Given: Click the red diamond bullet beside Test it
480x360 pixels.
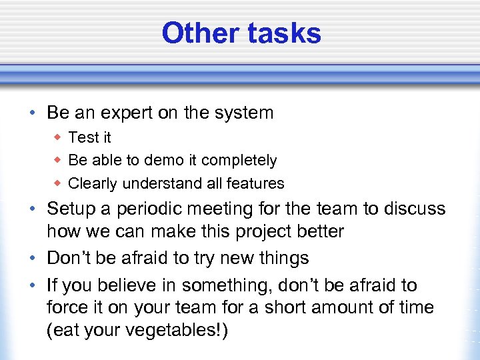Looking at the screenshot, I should [x=58, y=137].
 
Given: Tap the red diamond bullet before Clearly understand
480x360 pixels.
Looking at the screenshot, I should [x=58, y=183].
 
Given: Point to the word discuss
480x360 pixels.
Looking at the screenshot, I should [x=413, y=209].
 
